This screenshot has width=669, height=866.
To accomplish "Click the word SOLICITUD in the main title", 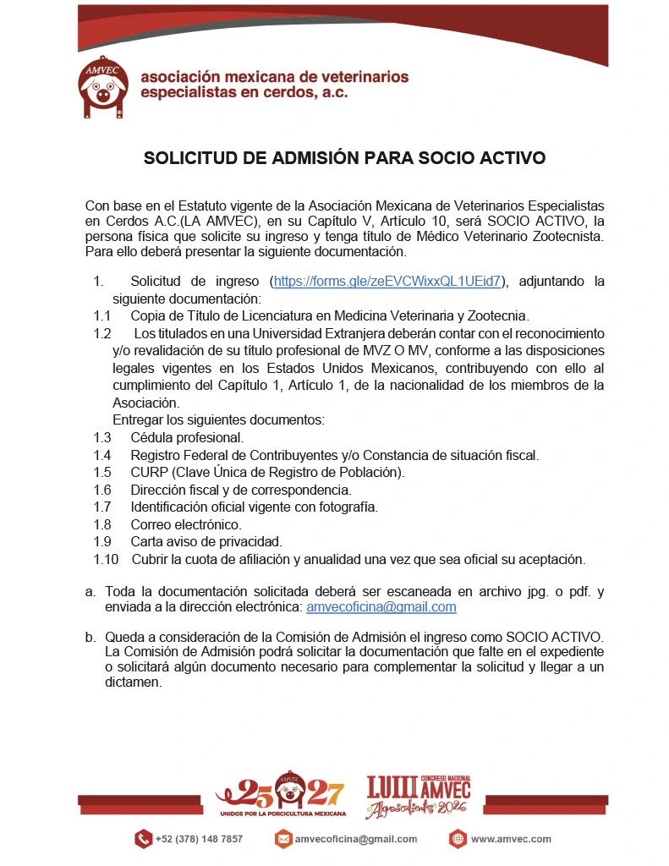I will coord(186,157).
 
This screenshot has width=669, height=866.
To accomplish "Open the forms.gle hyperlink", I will coord(387,281).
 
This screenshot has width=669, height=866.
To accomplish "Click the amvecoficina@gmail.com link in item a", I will coord(381,606).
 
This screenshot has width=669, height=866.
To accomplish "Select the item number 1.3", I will coord(102,437).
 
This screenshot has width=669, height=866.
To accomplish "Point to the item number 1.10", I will coord(106,559).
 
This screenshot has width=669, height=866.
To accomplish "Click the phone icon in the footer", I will coord(142,839).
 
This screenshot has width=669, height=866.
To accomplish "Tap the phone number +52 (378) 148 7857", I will coord(199,839).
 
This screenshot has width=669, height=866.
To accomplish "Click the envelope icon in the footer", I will coord(283,839).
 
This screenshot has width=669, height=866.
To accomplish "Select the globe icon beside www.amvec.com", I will coord(458,839).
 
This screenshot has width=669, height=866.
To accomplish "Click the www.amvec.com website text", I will coord(511,839).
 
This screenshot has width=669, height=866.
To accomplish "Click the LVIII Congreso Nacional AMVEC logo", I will coord(418,796).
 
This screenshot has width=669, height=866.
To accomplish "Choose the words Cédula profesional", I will coord(187,437).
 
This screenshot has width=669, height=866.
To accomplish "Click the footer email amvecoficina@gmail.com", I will coord(356,839).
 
